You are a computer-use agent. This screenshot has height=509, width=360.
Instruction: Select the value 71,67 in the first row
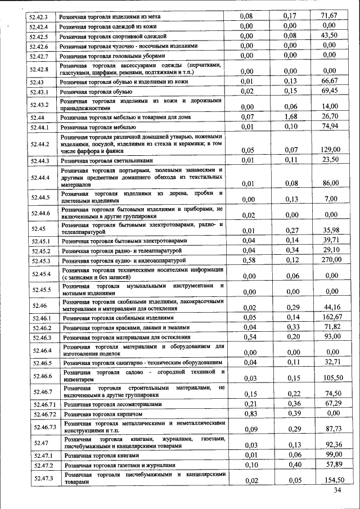pyautogui.click(x=329, y=15)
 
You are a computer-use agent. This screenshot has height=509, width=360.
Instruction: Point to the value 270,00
pyautogui.click(x=330, y=259)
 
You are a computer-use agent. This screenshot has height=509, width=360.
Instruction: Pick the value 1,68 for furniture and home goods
pyautogui.click(x=290, y=116)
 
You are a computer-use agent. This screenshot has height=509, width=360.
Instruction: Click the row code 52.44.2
pyautogui.click(x=41, y=145)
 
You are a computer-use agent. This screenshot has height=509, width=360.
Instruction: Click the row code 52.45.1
pyautogui.click(x=41, y=241)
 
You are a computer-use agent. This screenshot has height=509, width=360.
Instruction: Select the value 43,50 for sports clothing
pyautogui.click(x=329, y=35)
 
